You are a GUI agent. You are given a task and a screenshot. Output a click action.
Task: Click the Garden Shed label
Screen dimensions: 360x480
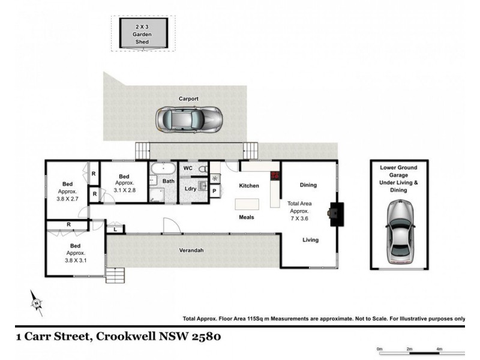click(x=142, y=35)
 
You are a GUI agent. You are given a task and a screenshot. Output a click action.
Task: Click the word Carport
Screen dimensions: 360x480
click(x=188, y=98)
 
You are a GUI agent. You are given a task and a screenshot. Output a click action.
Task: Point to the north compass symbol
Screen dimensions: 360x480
click(x=37, y=304)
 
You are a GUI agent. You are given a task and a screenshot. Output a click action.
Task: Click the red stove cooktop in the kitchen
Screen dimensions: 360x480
click(x=275, y=176)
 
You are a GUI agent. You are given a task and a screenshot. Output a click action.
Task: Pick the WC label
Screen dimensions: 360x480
click(x=187, y=169)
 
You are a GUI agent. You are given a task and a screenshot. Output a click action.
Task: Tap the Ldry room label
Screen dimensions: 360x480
click(x=191, y=189)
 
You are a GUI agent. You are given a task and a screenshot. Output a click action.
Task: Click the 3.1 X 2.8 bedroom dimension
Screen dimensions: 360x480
click(x=125, y=190)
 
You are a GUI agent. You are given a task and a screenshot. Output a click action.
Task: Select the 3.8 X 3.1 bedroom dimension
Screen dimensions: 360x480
click(x=76, y=260)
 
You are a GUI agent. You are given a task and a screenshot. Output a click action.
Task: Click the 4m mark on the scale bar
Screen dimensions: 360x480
click(x=439, y=348)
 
